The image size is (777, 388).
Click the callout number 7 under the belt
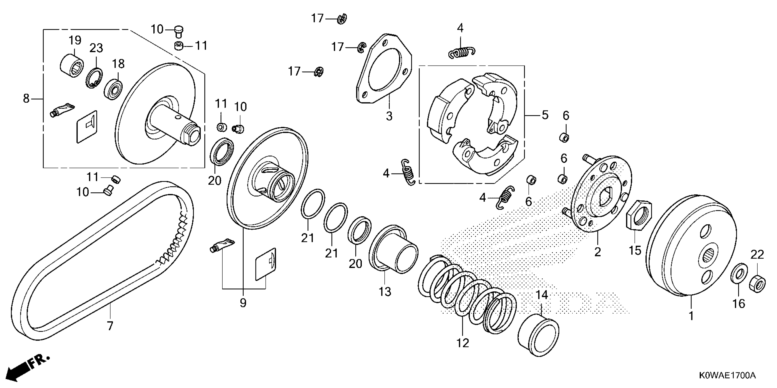110,326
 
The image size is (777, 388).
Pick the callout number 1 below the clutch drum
691,316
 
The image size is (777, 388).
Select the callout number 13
385,292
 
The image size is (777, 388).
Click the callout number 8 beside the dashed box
26,98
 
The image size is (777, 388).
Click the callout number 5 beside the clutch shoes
545,115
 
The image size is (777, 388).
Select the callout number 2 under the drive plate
598,252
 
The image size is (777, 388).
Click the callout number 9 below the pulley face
243,303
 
